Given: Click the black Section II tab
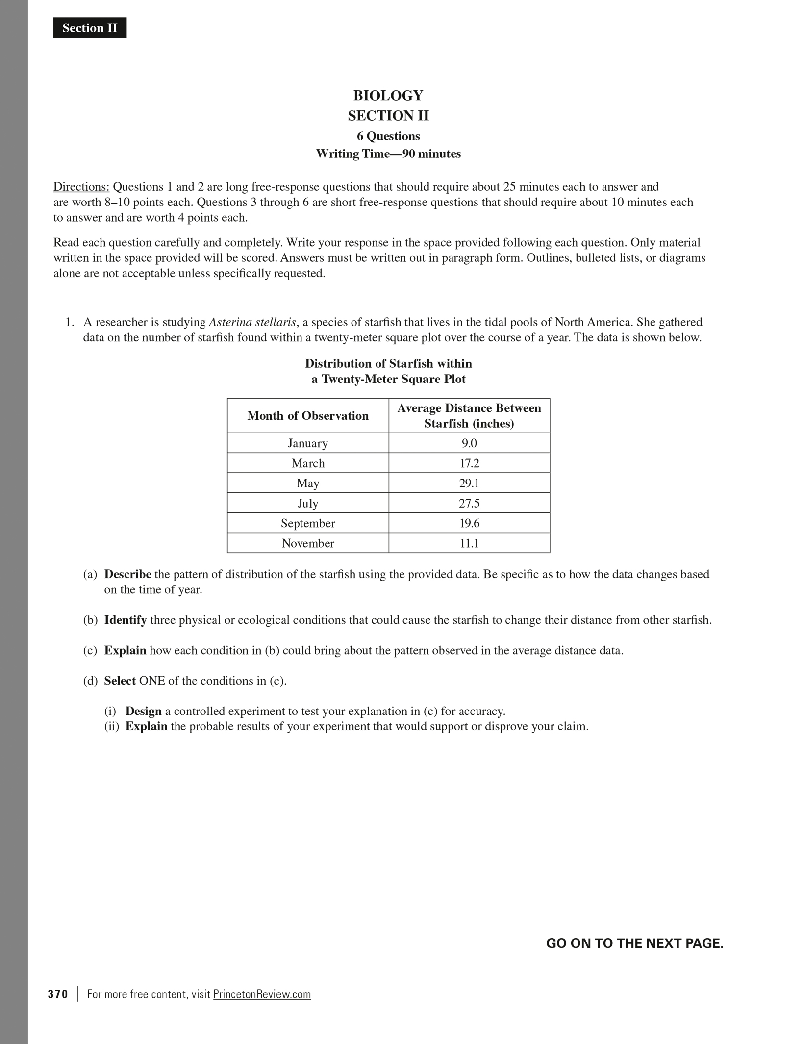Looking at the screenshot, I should tap(90, 28).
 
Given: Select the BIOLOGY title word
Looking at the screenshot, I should tap(388, 95).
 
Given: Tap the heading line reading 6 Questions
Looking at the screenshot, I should tap(388, 136).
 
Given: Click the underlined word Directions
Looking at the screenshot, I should tap(81, 187).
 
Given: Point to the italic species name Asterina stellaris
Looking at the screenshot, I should tap(252, 322).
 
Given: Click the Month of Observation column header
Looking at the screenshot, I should tap(308, 416).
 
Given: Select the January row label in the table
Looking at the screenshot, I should tap(308, 443).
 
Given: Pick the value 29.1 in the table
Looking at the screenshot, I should tap(469, 484).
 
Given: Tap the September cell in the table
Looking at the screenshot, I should tap(308, 523).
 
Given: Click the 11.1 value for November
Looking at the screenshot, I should tap(469, 543).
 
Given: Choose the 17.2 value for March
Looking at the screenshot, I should tap(469, 463).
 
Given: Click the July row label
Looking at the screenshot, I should tap(308, 504).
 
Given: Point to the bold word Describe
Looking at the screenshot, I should tap(127, 574).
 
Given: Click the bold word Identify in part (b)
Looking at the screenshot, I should tap(126, 620).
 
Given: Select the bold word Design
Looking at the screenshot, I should tap(143, 712).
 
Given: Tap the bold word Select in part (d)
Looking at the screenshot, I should tap(120, 681).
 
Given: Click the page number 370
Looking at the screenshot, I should tap(58, 994).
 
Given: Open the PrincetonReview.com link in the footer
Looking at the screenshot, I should tap(262, 994).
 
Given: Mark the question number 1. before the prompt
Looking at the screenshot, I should tap(70, 322).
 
